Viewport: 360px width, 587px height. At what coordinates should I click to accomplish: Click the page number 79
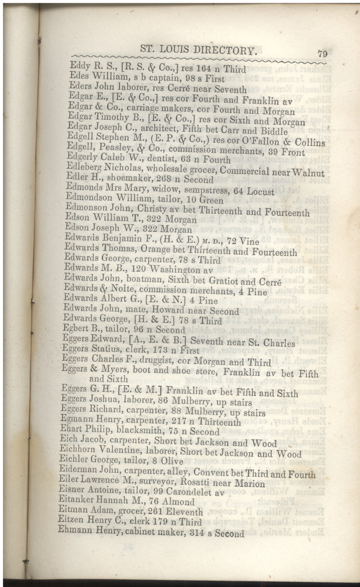point(322,54)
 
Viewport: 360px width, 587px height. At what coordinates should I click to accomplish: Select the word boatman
point(150,281)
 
